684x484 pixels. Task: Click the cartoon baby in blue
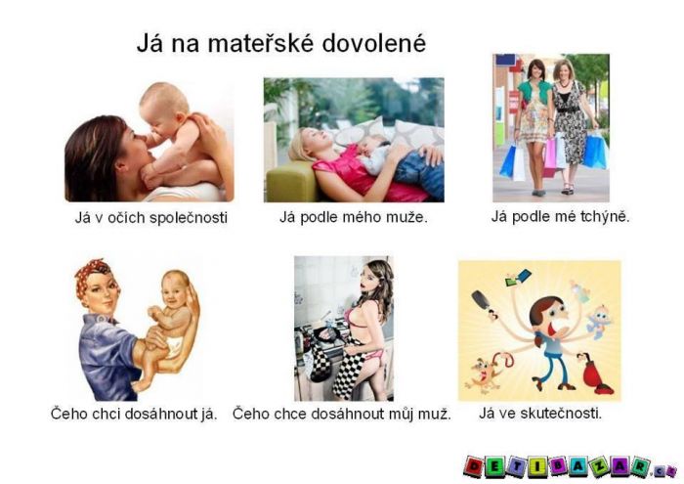(x=595, y=322)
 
